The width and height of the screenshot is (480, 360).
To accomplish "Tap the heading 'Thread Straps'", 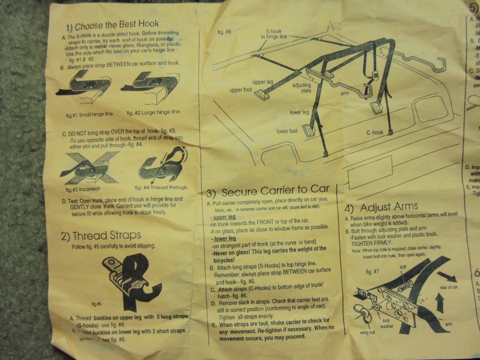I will pos(101,236).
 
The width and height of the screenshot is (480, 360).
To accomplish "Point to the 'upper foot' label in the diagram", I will pos(241,90).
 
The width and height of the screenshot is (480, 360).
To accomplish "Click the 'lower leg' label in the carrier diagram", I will pos(299,113).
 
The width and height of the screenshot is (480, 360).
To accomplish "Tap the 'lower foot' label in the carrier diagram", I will pos(287,131).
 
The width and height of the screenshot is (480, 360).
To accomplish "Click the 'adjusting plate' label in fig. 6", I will pos(301,88).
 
